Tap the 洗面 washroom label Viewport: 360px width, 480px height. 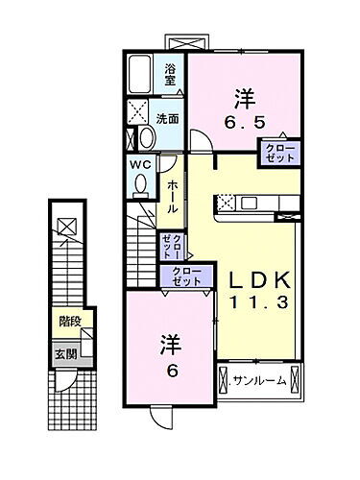point(169,118)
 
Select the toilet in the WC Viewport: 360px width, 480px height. point(141,183)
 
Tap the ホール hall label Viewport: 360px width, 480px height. point(170,194)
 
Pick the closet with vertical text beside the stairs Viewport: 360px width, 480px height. point(172,246)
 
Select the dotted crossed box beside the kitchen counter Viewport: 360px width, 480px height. point(226,203)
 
